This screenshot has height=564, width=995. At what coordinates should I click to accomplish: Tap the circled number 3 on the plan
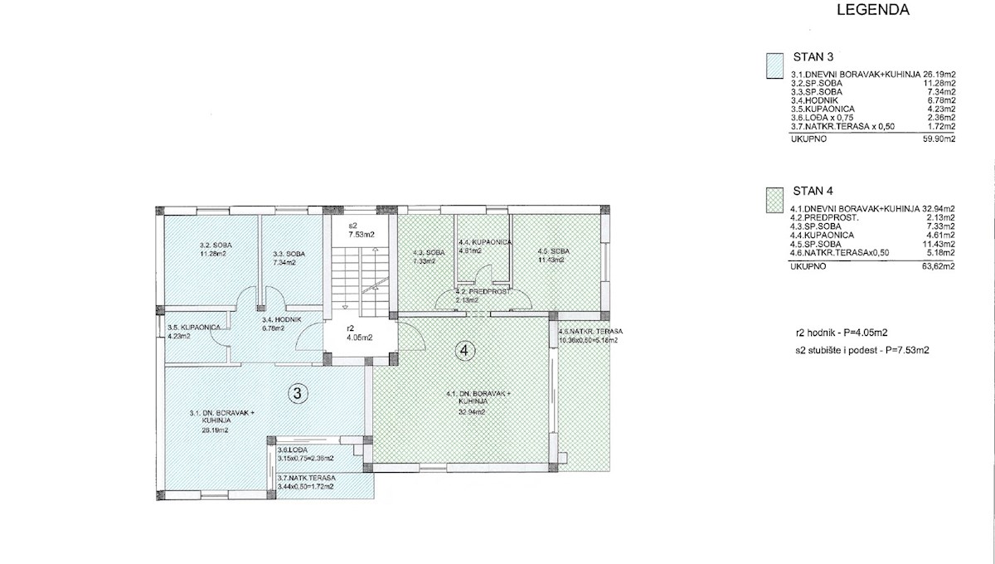(x=296, y=393)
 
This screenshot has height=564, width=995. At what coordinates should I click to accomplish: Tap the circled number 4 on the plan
(x=464, y=351)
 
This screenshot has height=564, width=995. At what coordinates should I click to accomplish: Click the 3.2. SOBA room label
(x=216, y=246)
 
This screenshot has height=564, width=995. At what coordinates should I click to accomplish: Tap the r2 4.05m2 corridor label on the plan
(x=357, y=333)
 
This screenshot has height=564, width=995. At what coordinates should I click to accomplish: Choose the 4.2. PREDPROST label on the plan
(x=478, y=293)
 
